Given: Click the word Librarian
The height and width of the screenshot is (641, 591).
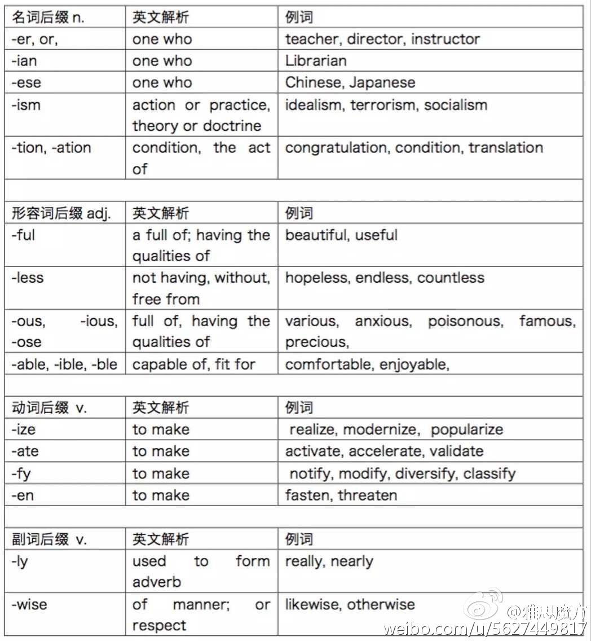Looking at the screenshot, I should pos(316,61).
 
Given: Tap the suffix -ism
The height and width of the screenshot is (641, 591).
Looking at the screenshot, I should pos(26,105).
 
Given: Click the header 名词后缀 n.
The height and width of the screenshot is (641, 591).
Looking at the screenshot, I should pos(47,17).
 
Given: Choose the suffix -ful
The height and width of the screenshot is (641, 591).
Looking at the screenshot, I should pos(23,235).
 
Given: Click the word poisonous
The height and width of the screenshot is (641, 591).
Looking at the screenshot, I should pos(465,322).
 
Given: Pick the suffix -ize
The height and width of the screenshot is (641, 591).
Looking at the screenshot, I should pos(23,429).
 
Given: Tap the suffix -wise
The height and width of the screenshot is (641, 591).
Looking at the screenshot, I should pos(29,605).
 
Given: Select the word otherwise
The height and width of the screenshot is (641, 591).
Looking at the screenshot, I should pos(381,605).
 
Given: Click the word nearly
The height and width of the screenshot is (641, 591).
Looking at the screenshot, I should pos(352,561).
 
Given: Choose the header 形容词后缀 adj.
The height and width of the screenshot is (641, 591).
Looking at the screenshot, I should pos(61,213).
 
